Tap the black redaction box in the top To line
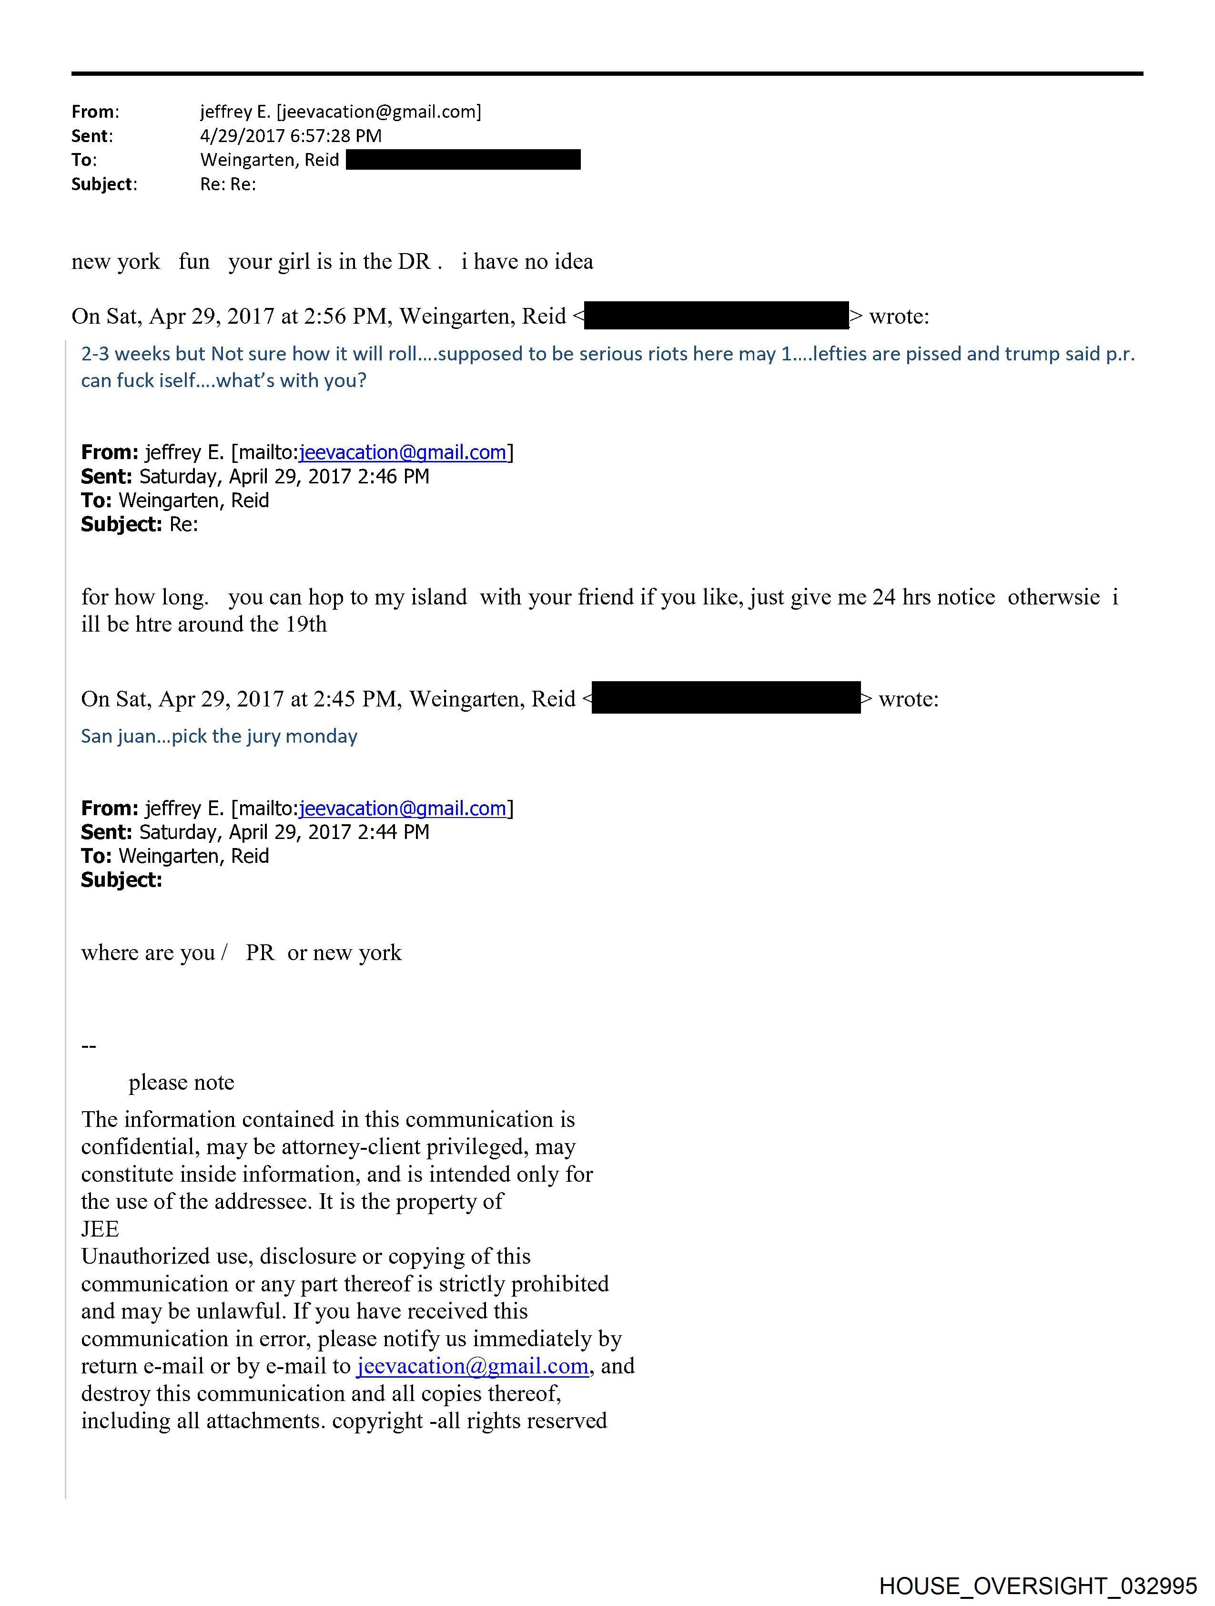pos(463,160)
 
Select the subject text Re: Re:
pos(228,184)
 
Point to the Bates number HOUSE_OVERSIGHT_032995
pos(1038,1585)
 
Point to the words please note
pos(182,1083)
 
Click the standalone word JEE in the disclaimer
pos(100,1229)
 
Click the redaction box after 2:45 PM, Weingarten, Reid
pos(726,698)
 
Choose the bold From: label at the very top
pos(94,112)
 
